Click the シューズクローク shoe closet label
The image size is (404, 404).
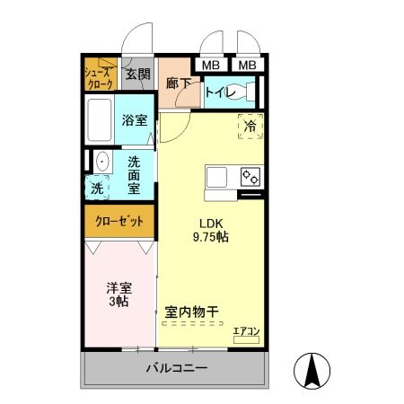(x=100, y=77)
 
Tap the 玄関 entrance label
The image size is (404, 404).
(x=137, y=76)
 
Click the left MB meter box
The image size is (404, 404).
(x=210, y=65)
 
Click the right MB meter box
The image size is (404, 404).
(x=247, y=65)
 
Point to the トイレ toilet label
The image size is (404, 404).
(x=220, y=92)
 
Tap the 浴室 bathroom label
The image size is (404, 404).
(x=136, y=119)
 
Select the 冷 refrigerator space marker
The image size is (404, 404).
(x=250, y=127)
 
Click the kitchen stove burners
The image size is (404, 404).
(x=250, y=177)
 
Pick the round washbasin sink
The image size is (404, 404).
(x=101, y=162)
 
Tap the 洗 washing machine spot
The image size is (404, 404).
(x=97, y=189)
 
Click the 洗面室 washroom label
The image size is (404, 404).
(x=133, y=175)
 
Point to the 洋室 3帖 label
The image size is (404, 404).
(x=119, y=294)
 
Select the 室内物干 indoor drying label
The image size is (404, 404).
(x=192, y=312)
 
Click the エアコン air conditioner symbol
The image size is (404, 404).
(x=245, y=334)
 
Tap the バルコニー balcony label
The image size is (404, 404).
(x=177, y=369)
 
